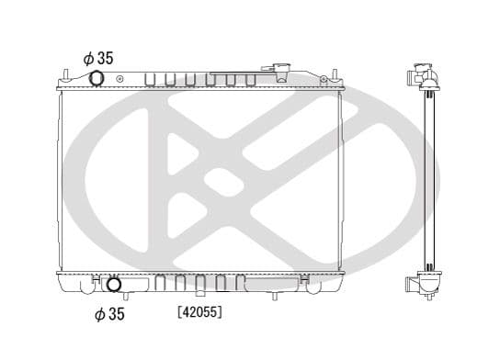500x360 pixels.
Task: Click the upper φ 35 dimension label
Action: click(x=98, y=58)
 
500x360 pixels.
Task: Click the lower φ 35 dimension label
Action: click(x=109, y=314)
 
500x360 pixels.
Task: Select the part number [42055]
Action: click(x=199, y=311)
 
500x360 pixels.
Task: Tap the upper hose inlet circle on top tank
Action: click(x=97, y=78)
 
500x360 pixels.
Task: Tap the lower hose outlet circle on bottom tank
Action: click(x=114, y=285)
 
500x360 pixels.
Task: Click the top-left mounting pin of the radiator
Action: click(x=65, y=75)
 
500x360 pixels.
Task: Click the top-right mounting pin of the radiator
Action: click(x=335, y=75)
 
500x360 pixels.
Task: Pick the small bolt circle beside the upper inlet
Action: click(x=119, y=79)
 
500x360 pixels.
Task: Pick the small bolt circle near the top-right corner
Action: click(x=324, y=78)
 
